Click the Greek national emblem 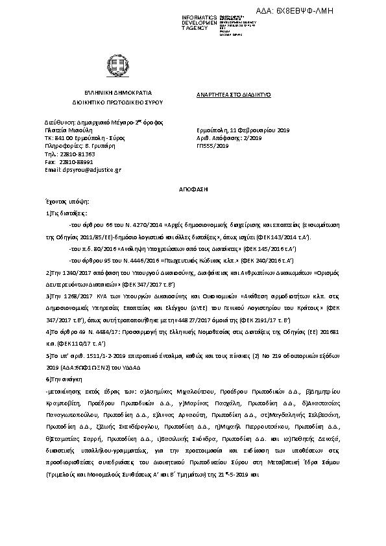point(118,65)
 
